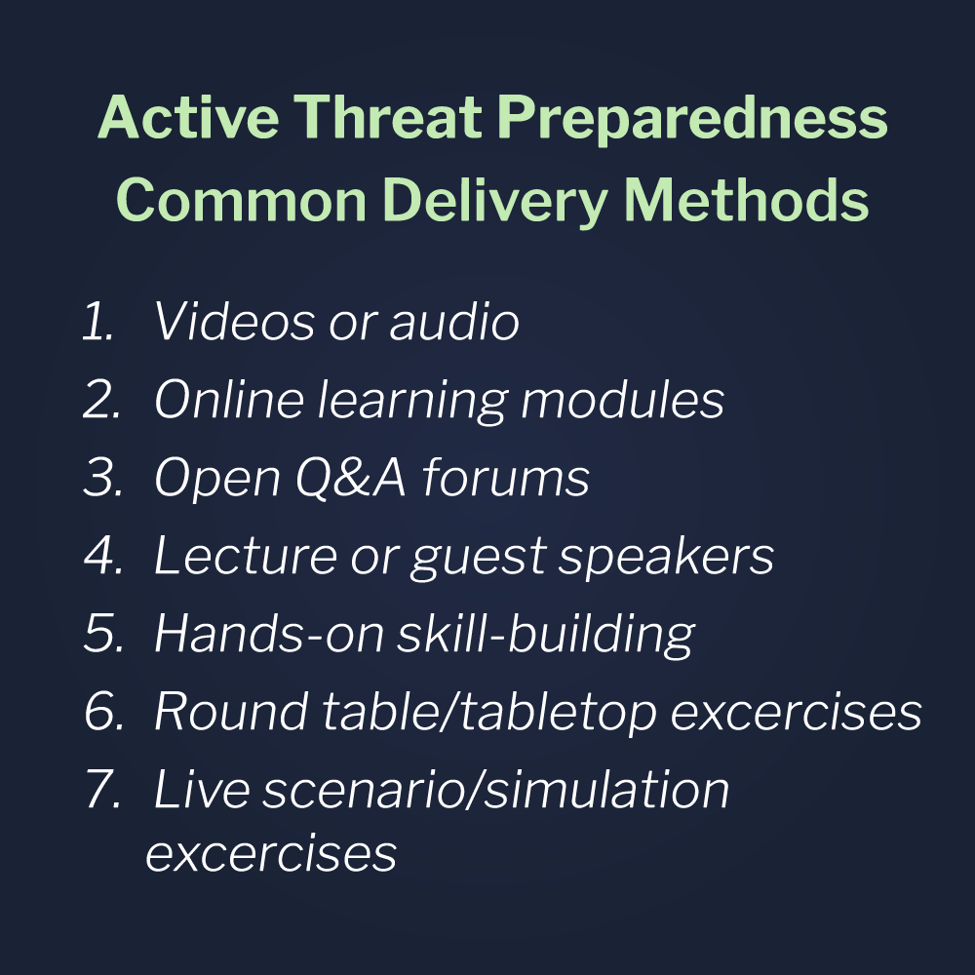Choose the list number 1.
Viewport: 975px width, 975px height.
(x=97, y=324)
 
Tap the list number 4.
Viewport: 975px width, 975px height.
(x=101, y=557)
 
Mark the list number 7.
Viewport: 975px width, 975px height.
(x=101, y=790)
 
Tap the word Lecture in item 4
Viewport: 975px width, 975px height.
(x=245, y=557)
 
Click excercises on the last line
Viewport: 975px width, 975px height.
(x=271, y=853)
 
